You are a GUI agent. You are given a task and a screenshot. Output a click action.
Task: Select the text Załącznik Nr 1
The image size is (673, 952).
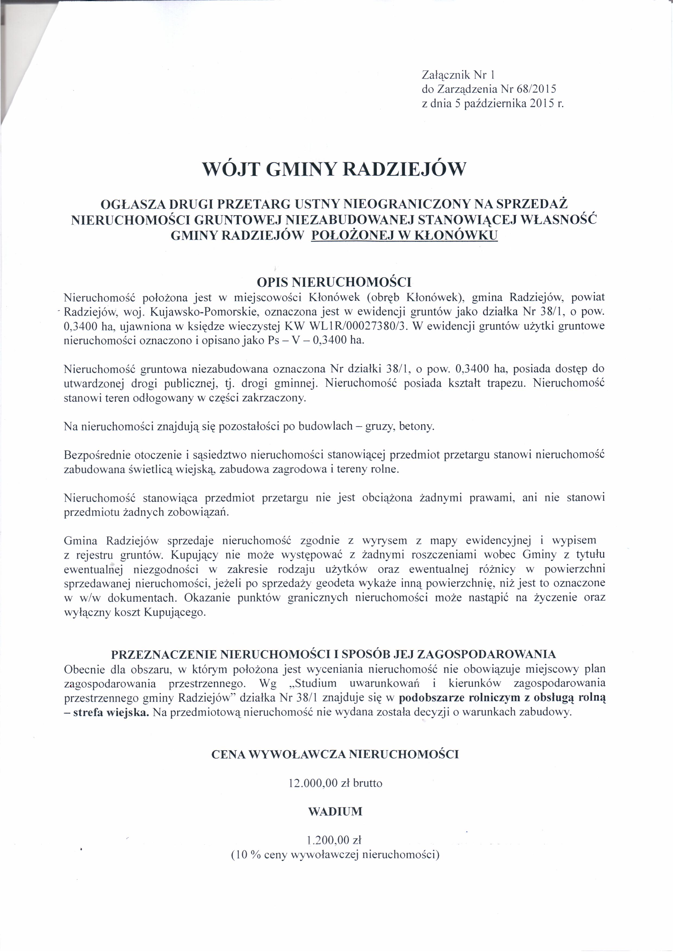tap(458, 75)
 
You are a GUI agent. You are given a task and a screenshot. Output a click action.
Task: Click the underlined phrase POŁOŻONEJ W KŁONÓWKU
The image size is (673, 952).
tap(404, 236)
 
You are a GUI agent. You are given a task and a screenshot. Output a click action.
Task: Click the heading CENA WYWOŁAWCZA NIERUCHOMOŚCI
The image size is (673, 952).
tap(335, 754)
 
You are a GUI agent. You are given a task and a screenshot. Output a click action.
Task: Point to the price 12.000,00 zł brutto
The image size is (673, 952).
tap(335, 783)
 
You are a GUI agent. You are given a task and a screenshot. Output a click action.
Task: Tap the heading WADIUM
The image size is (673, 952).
tap(335, 811)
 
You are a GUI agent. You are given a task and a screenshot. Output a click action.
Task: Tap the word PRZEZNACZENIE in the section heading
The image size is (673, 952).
tap(164, 654)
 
